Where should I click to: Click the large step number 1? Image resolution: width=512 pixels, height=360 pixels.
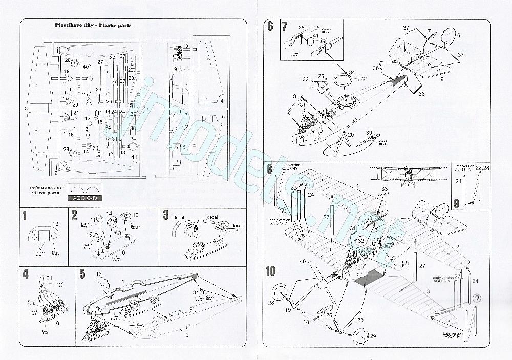(25, 215)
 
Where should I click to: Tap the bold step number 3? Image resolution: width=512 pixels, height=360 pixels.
(165, 215)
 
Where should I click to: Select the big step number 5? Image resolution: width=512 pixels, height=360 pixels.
(82, 274)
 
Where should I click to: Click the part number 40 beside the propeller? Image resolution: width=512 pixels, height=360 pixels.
(302, 262)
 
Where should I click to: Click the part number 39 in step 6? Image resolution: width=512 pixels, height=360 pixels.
(368, 132)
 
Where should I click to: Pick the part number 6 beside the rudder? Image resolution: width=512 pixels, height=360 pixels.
(459, 35)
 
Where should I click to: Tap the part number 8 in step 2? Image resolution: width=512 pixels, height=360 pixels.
(123, 252)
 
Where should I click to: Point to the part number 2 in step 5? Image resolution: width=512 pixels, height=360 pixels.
(187, 335)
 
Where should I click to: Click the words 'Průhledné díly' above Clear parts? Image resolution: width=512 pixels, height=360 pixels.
(42, 188)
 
